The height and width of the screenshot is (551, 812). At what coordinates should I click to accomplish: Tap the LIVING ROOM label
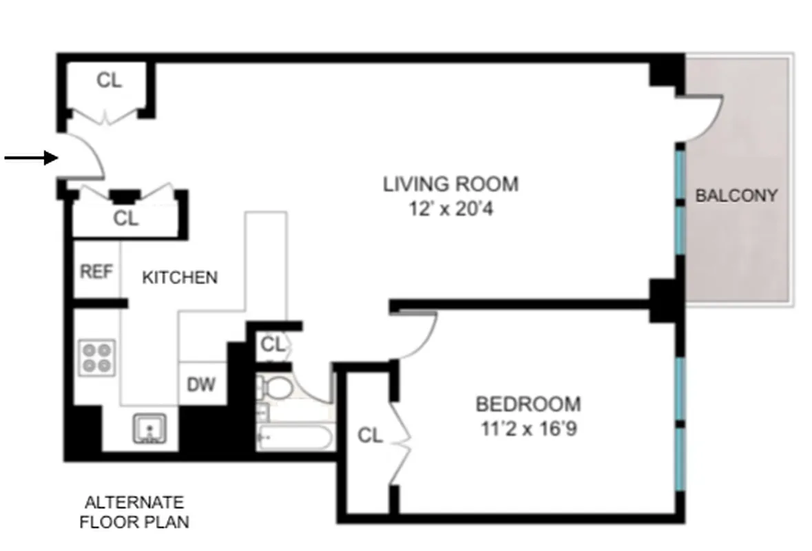pyautogui.click(x=450, y=185)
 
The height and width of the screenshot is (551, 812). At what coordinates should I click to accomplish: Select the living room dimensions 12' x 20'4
pyautogui.click(x=450, y=207)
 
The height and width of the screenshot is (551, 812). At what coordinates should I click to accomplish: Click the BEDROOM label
pyautogui.click(x=528, y=403)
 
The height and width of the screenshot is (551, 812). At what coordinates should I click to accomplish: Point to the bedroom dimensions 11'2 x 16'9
pyautogui.click(x=528, y=428)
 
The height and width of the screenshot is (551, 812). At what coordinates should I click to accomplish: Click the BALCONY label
pyautogui.click(x=736, y=196)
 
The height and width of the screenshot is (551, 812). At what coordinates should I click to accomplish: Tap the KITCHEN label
pyautogui.click(x=180, y=278)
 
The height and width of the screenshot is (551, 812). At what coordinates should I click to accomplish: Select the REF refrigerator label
pyautogui.click(x=96, y=271)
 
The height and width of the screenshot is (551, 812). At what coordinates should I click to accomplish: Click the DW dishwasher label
pyautogui.click(x=201, y=384)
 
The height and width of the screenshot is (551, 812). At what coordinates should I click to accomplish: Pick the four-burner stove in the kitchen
pyautogui.click(x=96, y=357)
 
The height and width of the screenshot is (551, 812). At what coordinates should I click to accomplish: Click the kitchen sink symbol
pyautogui.click(x=149, y=428)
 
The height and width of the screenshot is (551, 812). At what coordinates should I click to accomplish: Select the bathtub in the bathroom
pyautogui.click(x=294, y=437)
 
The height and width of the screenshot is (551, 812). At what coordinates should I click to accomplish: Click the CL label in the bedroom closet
pyautogui.click(x=370, y=435)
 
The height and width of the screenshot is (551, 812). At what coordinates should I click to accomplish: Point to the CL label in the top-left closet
pyautogui.click(x=109, y=81)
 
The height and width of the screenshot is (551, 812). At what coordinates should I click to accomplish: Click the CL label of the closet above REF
pyautogui.click(x=126, y=219)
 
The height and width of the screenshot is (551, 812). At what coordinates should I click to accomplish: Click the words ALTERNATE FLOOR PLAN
pyautogui.click(x=134, y=512)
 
